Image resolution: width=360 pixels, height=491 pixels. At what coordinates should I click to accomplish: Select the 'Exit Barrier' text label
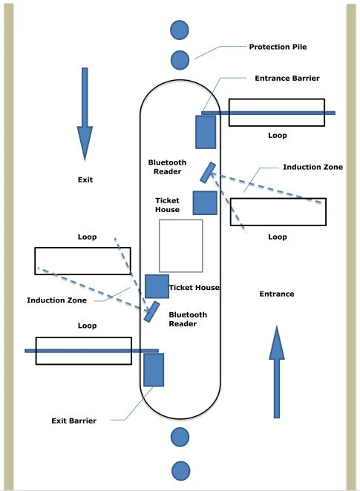(73, 421)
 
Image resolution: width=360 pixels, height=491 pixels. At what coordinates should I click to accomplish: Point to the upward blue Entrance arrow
(277, 371)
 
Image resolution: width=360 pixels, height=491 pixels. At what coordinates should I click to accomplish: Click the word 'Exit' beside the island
(85, 179)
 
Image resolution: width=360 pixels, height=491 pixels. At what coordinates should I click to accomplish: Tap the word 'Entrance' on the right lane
(276, 294)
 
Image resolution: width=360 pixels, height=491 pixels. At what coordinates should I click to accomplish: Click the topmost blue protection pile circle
(179, 30)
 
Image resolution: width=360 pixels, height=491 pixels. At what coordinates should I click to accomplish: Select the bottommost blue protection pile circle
(179, 469)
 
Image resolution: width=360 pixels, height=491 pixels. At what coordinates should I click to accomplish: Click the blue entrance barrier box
(206, 132)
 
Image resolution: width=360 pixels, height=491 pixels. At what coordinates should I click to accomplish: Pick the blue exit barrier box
(154, 369)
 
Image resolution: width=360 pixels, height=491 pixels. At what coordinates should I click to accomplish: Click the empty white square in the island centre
(181, 245)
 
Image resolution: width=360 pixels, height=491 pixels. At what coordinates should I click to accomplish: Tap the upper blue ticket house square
(205, 202)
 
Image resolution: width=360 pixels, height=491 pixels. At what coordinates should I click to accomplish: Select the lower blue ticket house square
(157, 286)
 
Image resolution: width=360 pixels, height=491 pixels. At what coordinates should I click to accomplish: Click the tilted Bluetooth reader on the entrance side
(208, 172)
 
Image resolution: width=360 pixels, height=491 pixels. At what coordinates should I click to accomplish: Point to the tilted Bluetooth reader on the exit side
(152, 312)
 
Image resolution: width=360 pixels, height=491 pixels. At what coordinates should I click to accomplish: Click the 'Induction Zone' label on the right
(312, 168)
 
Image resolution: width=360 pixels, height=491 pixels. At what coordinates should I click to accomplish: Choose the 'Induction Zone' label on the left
(57, 300)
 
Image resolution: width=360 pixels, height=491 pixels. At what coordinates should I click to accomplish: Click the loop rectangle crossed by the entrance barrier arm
(276, 113)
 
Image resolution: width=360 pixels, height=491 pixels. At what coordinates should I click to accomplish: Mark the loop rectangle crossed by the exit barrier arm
(83, 351)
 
